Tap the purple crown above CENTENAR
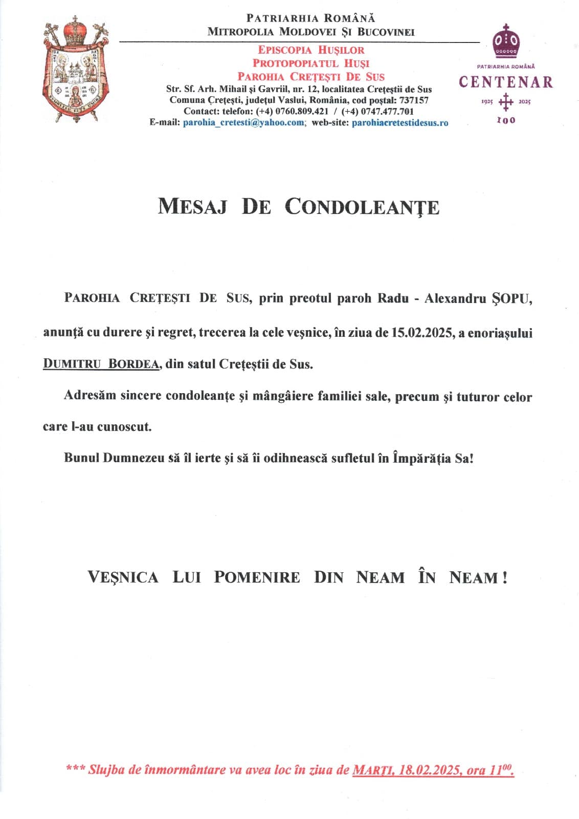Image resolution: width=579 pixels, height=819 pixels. (505, 41)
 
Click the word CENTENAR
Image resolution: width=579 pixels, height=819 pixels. (505, 82)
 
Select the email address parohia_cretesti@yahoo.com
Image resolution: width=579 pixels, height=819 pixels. (243, 123)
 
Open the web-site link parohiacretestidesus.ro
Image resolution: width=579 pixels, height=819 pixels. (400, 123)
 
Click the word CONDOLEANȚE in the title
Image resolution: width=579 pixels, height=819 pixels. (362, 207)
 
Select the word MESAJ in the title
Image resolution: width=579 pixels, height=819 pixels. (192, 207)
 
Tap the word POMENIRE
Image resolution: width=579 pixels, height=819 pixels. (257, 577)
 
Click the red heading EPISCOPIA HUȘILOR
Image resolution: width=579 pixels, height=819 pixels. (311, 50)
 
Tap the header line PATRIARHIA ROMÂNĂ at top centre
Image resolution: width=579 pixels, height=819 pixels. (310, 18)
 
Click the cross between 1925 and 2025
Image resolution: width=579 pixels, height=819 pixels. (505, 101)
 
